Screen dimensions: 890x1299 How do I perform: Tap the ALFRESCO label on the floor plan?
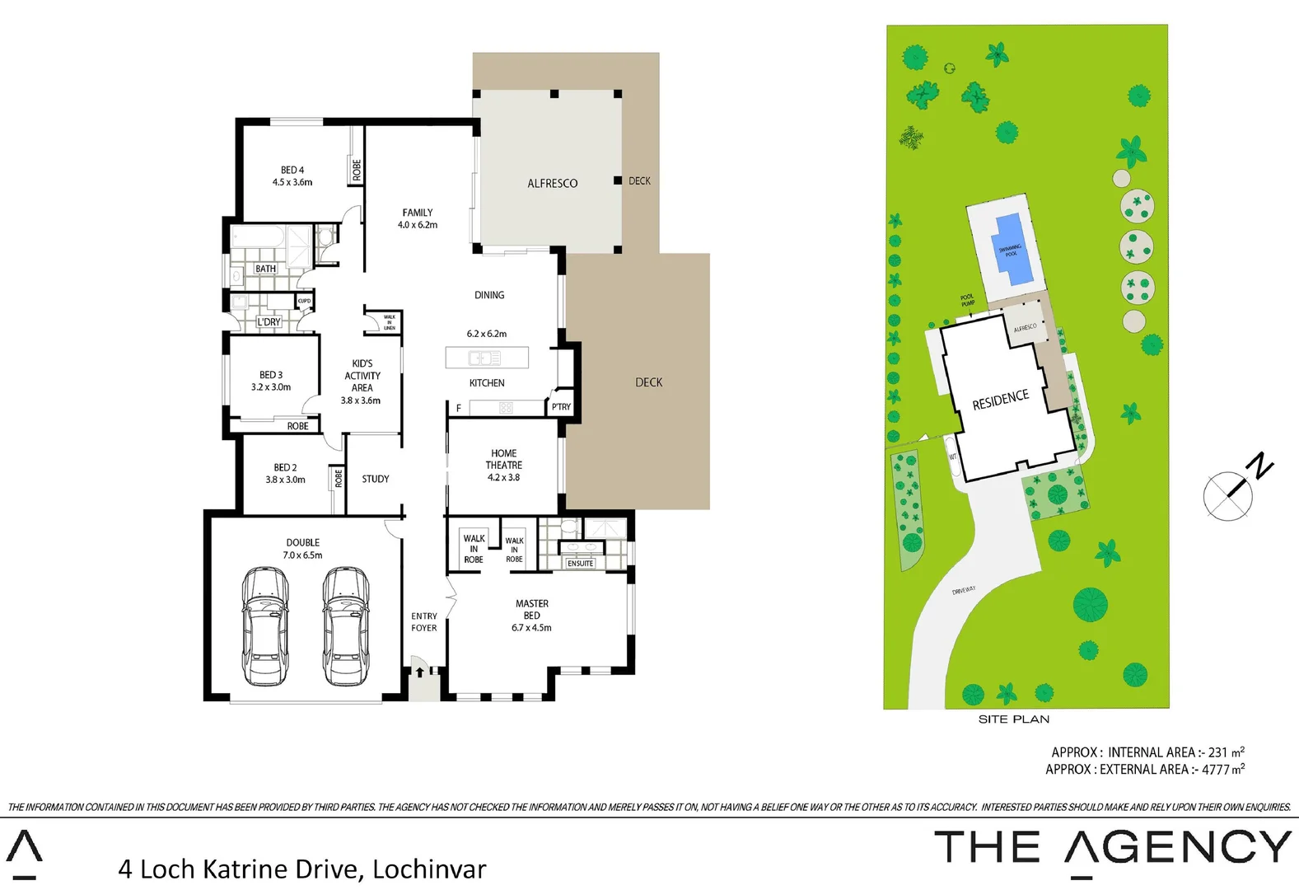click(552, 183)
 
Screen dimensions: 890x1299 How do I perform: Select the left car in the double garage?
click(265, 626)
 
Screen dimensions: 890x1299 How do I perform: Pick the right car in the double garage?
click(344, 626)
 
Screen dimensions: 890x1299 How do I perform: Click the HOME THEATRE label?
click(503, 459)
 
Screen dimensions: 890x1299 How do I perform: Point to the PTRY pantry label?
click(561, 407)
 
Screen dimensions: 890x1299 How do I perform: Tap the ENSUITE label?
click(580, 564)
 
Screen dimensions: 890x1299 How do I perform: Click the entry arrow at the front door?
click(419, 672)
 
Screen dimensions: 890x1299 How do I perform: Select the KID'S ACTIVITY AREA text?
click(362, 376)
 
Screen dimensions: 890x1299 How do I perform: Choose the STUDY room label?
click(375, 479)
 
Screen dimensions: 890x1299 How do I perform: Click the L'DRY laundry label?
click(269, 322)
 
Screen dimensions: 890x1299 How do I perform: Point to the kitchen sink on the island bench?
click(484, 358)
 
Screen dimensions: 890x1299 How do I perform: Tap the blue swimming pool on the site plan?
click(1009, 249)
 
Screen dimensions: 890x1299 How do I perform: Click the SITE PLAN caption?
click(1013, 719)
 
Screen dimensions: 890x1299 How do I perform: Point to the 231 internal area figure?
click(1217, 752)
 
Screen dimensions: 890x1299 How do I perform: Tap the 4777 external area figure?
click(1215, 770)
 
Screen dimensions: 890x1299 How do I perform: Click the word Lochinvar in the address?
click(429, 869)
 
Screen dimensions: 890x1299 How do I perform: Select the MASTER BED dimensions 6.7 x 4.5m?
click(531, 628)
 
